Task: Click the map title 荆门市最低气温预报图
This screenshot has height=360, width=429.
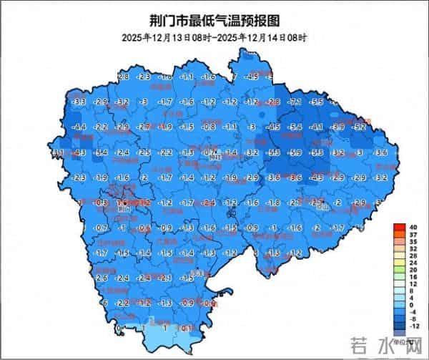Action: point(214,20)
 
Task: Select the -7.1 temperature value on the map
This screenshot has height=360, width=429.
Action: point(295,102)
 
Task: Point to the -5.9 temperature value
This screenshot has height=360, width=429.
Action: point(295,152)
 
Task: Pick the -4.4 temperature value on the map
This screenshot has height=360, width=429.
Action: point(79,127)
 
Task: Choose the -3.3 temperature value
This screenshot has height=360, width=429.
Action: point(79,102)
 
